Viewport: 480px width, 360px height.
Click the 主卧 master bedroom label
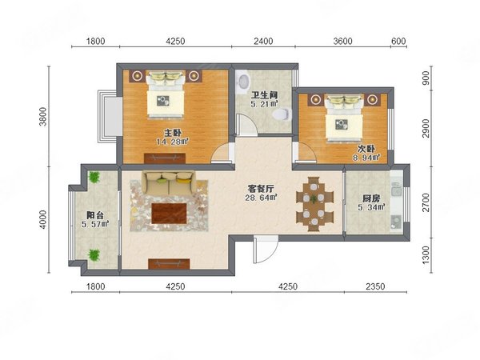tap(173, 133)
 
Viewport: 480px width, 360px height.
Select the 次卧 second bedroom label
tap(366, 149)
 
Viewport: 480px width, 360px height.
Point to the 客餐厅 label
tap(261, 189)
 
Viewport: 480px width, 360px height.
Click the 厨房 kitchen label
tap(371, 198)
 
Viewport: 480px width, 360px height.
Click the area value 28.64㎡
tap(261, 198)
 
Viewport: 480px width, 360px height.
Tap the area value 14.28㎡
tap(172, 142)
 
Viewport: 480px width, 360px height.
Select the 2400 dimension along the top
tap(263, 41)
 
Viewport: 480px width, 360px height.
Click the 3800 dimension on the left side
tap(43, 116)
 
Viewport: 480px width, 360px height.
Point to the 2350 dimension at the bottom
tap(375, 286)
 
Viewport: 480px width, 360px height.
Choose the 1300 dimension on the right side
tap(426, 255)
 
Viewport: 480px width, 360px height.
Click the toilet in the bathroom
tap(281, 114)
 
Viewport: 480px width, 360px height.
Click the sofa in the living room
tap(168, 183)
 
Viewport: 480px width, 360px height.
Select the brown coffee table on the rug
tap(169, 214)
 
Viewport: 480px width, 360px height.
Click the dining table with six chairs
tap(314, 204)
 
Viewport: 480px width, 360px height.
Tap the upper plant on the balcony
tap(94, 178)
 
